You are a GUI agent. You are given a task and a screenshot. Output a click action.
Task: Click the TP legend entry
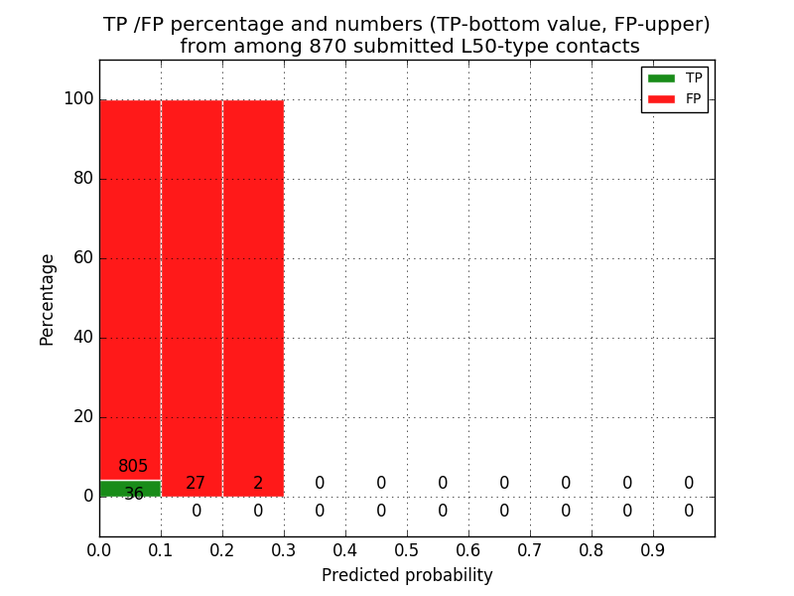click(675, 77)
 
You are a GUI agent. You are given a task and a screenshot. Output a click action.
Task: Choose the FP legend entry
click(675, 98)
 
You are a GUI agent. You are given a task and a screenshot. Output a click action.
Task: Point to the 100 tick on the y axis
click(78, 99)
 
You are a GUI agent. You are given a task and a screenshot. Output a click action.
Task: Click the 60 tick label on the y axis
click(83, 258)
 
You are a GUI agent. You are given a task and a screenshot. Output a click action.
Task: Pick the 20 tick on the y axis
click(83, 417)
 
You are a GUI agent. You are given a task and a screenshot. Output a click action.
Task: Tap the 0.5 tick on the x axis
click(407, 549)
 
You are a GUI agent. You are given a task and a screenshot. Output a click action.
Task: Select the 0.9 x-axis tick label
click(653, 549)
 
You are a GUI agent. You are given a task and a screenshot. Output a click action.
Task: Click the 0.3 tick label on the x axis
click(284, 549)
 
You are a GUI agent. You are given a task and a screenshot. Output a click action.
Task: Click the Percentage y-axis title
click(47, 299)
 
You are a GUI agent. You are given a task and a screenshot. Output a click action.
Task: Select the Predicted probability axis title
click(407, 575)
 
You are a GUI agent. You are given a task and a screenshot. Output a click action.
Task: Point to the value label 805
click(133, 467)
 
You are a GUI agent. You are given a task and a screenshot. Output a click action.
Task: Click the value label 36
click(134, 494)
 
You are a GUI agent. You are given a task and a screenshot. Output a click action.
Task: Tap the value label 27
click(196, 484)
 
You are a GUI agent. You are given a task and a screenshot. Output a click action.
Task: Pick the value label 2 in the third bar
click(258, 484)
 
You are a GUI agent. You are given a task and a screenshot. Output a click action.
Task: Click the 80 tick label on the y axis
click(83, 179)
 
